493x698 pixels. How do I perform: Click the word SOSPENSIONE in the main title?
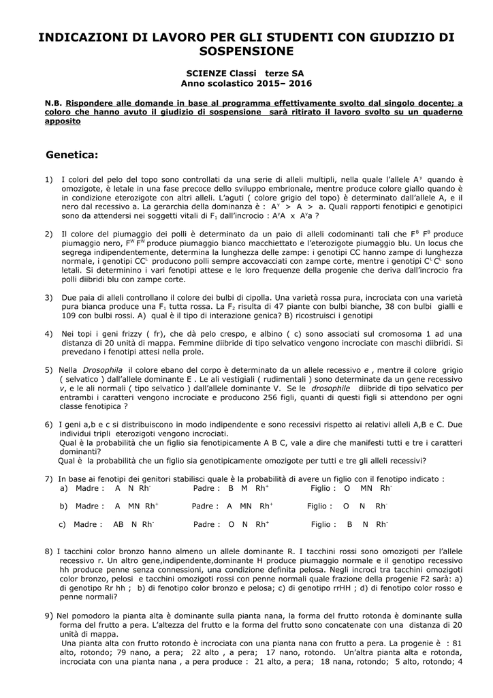tap(246, 51)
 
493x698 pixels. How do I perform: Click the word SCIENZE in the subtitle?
tap(204, 73)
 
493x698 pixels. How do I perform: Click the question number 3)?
tap(49, 298)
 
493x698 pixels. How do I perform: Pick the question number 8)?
tap(48, 550)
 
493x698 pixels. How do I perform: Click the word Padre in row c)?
tap(206, 524)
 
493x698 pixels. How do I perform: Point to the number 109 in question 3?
tap(70, 316)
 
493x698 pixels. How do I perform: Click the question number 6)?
tap(49, 424)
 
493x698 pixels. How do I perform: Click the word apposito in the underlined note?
tap(63, 121)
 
